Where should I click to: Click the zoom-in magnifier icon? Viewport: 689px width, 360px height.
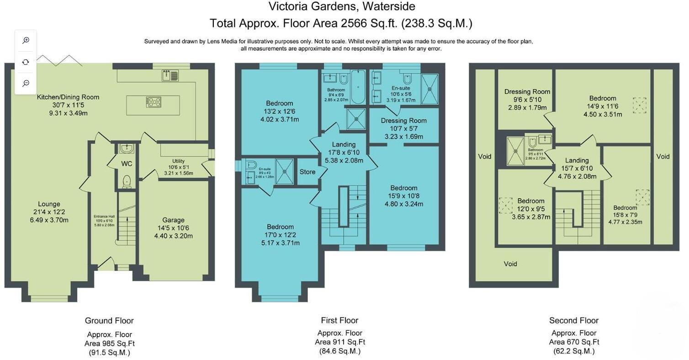tap(26, 40)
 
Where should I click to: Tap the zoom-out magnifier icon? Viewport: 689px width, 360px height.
tap(26, 83)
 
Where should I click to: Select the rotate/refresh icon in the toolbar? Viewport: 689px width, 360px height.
tap(26, 62)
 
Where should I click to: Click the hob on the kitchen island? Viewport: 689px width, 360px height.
tap(154, 102)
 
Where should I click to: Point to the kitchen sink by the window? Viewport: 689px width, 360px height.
tap(170, 75)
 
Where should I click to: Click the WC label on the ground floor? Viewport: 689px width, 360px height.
tap(126, 164)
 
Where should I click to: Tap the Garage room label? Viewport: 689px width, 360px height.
tap(173, 220)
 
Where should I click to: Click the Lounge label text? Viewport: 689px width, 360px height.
tap(49, 204)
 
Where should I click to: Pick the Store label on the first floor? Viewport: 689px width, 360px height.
tap(307, 172)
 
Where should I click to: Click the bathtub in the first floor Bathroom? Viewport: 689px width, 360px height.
tap(358, 87)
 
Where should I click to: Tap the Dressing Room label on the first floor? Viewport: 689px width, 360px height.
tap(403, 121)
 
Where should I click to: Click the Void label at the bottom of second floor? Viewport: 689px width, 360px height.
tap(510, 264)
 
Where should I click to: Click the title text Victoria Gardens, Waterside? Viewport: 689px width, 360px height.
tap(341, 6)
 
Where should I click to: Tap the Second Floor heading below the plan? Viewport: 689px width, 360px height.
tap(573, 320)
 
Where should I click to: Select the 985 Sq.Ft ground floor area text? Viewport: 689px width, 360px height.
tap(109, 343)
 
